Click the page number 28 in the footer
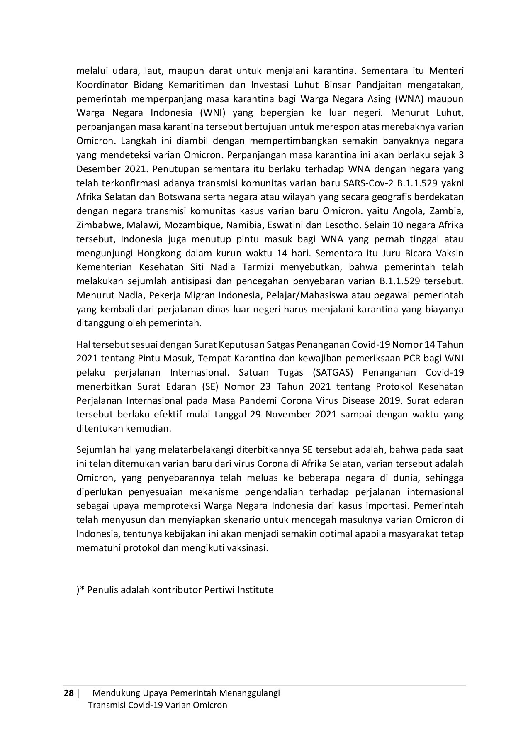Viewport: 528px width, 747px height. click(68, 693)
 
